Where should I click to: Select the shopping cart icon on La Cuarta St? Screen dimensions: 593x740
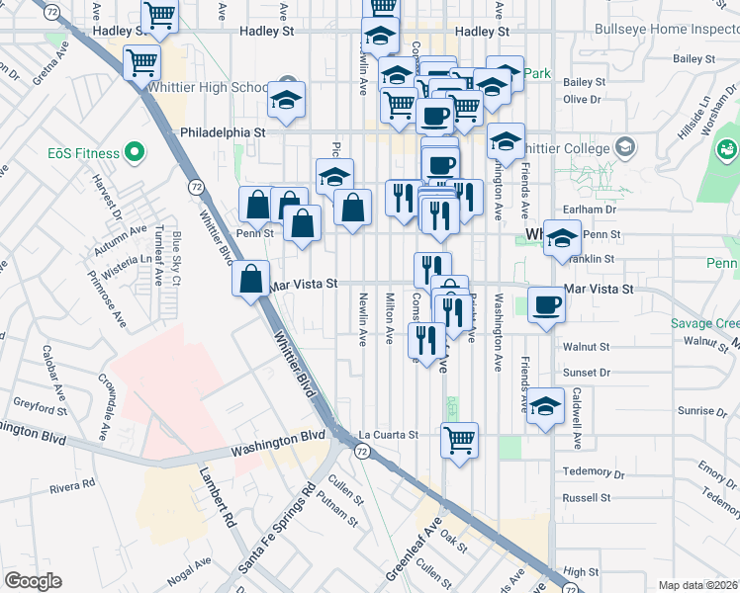(x=459, y=439)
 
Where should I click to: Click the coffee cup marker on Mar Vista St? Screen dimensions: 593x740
(x=545, y=304)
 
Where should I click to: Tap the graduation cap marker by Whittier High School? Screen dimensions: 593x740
(x=287, y=101)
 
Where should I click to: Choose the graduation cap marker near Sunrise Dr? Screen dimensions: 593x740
(x=545, y=405)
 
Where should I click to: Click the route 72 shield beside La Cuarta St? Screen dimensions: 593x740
(x=362, y=451)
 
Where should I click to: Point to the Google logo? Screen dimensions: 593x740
(x=34, y=581)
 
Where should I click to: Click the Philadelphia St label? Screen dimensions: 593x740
(x=223, y=131)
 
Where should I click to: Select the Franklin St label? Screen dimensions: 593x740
(x=595, y=259)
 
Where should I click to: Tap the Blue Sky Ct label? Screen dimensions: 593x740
(x=176, y=258)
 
